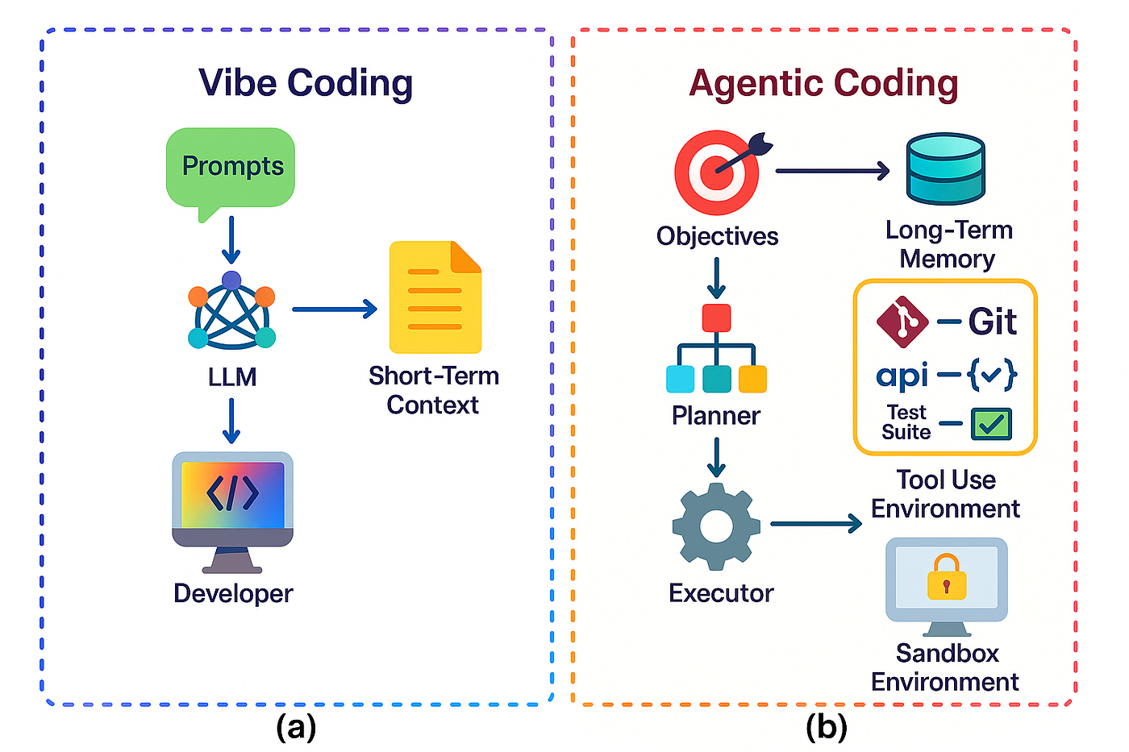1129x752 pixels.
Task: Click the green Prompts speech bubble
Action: click(231, 168)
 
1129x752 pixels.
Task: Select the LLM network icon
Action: click(231, 314)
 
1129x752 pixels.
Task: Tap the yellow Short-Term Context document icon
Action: click(435, 297)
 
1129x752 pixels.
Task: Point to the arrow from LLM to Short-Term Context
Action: click(335, 309)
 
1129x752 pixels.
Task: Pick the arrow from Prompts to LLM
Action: click(231, 239)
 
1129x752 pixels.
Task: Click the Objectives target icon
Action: click(717, 172)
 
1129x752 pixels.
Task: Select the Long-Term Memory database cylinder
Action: click(945, 168)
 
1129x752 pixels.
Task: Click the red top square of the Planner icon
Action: click(716, 318)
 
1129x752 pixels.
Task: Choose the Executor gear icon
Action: click(716, 526)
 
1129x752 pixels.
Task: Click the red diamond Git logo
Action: click(902, 322)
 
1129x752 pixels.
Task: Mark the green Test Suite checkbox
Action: click(991, 423)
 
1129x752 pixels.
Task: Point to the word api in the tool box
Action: click(902, 375)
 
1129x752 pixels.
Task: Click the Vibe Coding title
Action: click(306, 83)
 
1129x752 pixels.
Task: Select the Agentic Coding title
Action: click(823, 83)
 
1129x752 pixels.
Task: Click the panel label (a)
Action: click(296, 728)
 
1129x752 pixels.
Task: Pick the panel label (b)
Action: click(827, 728)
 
